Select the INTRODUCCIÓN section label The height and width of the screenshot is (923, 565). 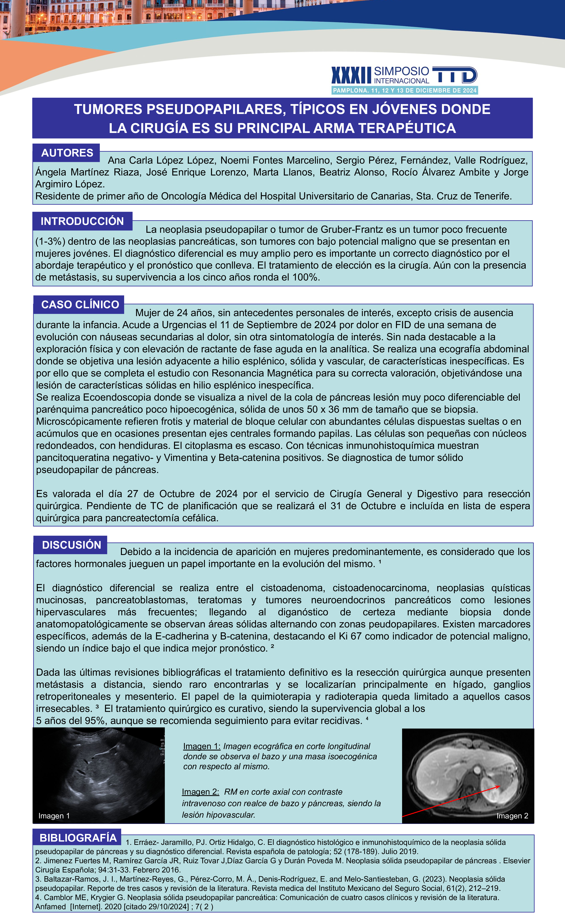pyautogui.click(x=82, y=221)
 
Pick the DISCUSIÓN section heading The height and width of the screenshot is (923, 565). pyautogui.click(x=71, y=545)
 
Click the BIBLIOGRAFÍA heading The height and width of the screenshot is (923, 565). pyautogui.click(x=78, y=838)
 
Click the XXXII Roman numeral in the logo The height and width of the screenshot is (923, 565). pyautogui.click(x=351, y=75)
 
